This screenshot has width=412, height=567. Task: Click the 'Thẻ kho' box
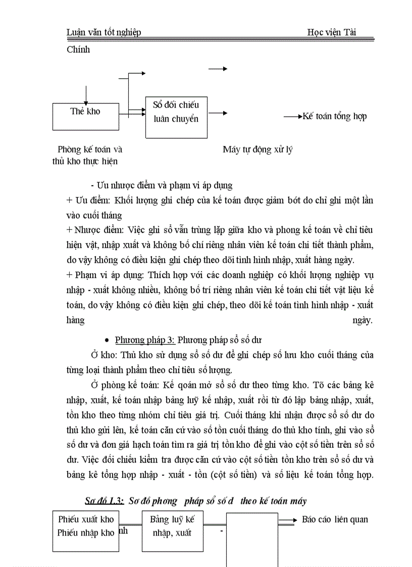(x=85, y=116)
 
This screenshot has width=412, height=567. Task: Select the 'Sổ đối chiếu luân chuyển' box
(x=176, y=117)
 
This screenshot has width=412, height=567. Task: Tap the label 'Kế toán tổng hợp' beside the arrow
(x=334, y=117)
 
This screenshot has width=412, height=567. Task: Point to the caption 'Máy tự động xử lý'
(x=257, y=149)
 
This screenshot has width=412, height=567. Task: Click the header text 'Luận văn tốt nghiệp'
(x=104, y=32)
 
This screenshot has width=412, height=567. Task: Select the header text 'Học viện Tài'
(x=331, y=32)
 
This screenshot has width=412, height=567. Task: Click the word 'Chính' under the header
(x=78, y=49)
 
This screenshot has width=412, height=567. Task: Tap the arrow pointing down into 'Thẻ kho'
(x=86, y=96)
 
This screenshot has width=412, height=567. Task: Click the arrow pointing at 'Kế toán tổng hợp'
(x=292, y=117)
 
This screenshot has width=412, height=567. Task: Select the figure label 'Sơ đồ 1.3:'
(x=105, y=501)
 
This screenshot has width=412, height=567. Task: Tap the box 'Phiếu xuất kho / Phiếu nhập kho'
(x=86, y=532)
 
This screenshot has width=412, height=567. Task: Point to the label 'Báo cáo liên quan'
(x=335, y=519)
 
